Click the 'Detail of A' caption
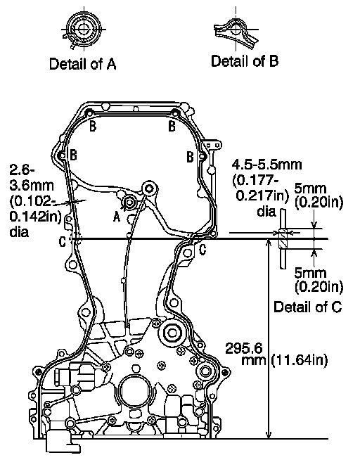tap(82, 64)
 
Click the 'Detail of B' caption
tap(245, 61)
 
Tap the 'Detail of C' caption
tap(307, 307)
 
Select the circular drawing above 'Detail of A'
tap(84, 30)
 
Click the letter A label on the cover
tap(117, 217)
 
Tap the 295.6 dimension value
tap(244, 348)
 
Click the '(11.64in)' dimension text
tap(300, 360)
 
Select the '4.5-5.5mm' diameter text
tap(266, 165)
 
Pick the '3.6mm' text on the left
tap(32, 186)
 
